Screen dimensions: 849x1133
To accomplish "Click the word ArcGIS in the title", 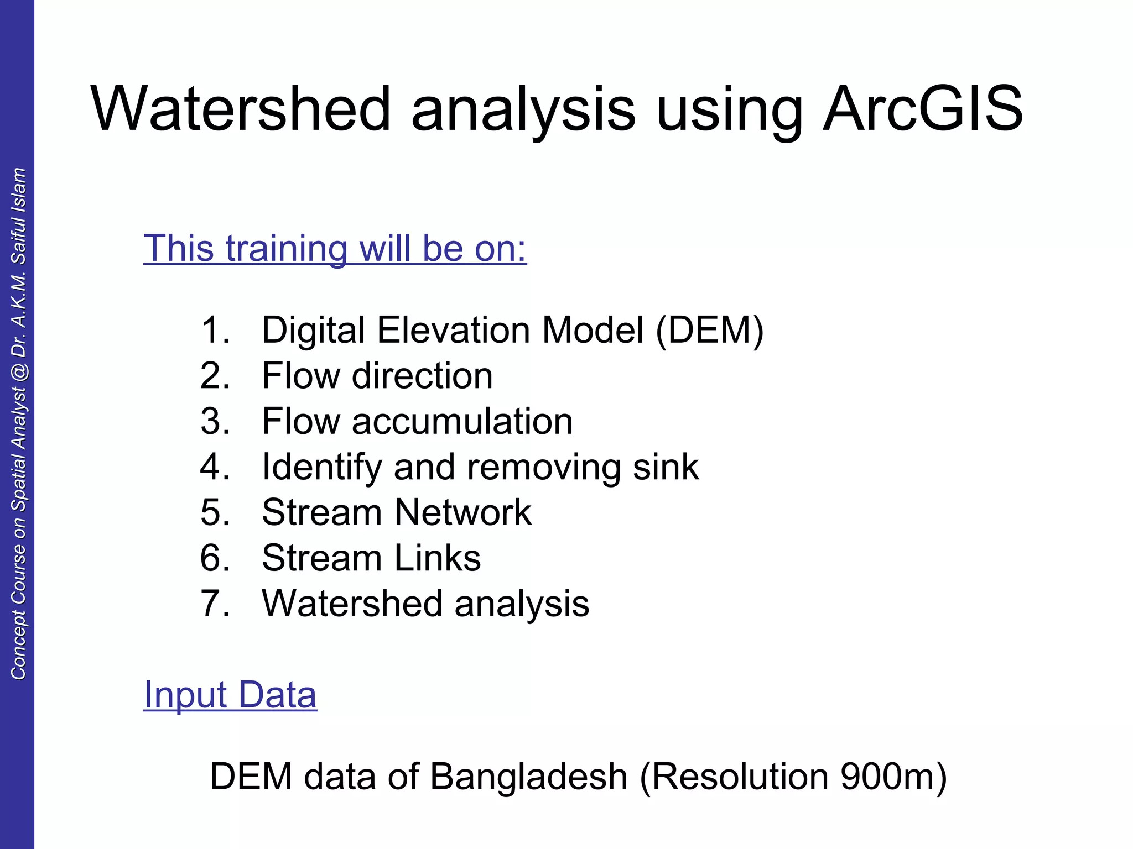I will (x=923, y=109).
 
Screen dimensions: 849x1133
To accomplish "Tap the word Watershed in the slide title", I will (x=241, y=109).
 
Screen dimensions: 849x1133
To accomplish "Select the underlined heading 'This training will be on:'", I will (x=335, y=248).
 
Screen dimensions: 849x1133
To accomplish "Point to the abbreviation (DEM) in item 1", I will (x=710, y=331).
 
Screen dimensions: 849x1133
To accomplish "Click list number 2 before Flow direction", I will (x=215, y=376).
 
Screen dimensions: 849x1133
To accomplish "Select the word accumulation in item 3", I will (x=462, y=421).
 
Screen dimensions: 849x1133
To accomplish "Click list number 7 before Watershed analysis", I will (x=215, y=604).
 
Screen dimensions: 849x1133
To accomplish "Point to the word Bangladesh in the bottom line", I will (x=528, y=777).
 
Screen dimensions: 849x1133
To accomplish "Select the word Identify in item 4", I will (x=321, y=467).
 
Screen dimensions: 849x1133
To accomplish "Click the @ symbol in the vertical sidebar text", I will (x=19, y=372).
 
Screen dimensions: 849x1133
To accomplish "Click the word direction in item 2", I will (x=422, y=376).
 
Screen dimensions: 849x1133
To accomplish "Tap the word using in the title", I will (x=729, y=109).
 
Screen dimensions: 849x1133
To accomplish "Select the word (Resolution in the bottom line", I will (x=734, y=777).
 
